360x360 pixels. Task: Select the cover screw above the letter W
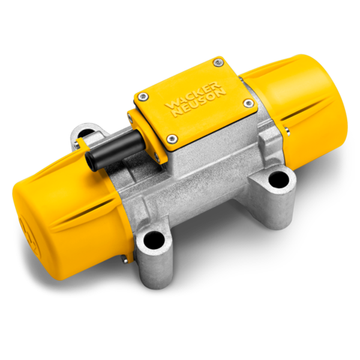tap(144, 96)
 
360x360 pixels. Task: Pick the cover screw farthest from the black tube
tap(217, 61)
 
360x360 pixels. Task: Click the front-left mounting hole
tap(154, 239)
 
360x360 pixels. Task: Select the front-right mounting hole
tap(279, 178)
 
